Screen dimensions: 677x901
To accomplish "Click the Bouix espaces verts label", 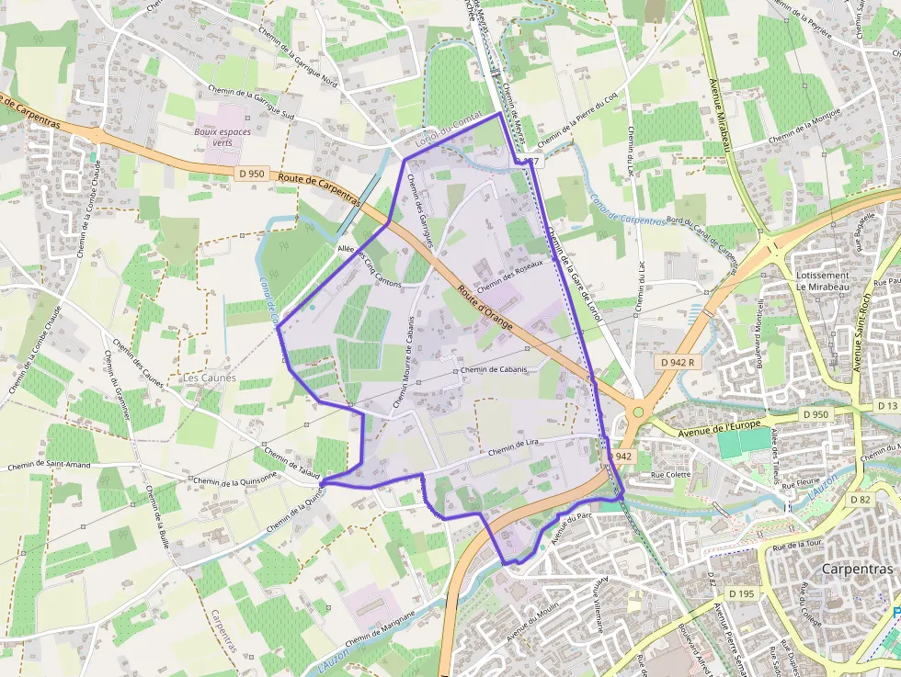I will (x=222, y=137).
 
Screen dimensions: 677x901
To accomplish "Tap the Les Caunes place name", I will (x=209, y=378).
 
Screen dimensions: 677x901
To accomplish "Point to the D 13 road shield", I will (x=887, y=405).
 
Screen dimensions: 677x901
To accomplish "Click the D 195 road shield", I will (x=740, y=593).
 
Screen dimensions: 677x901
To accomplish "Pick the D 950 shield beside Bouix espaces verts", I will (x=251, y=174).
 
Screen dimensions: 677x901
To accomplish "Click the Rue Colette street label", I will (x=670, y=475).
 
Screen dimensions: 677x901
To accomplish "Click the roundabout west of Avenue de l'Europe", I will (x=637, y=412).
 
